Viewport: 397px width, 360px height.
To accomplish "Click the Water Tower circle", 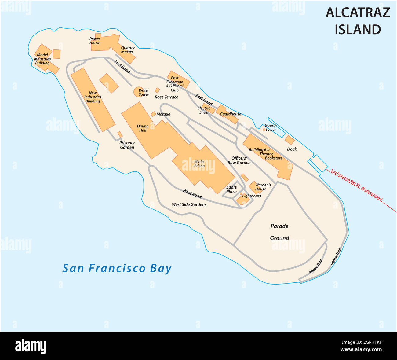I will pyautogui.click(x=137, y=92).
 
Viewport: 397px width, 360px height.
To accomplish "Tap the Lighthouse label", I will pyautogui.click(x=252, y=196).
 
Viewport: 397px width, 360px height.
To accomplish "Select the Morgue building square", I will pyautogui.click(x=153, y=114).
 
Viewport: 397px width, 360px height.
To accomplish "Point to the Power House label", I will pyautogui.click(x=95, y=41).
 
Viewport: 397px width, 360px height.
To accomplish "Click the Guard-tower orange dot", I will pyautogui.click(x=264, y=130).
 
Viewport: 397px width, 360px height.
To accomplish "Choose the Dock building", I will pyautogui.click(x=290, y=140).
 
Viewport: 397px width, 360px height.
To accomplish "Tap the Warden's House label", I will pyautogui.click(x=263, y=187).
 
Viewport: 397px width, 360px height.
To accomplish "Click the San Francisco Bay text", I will pyautogui.click(x=117, y=268).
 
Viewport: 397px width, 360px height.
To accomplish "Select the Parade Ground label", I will pyautogui.click(x=279, y=232).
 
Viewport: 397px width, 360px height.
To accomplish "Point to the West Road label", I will pyautogui.click(x=192, y=193).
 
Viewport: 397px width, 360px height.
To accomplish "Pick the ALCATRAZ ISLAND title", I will pyautogui.click(x=358, y=21).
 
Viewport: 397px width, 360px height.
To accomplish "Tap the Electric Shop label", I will pyautogui.click(x=204, y=110).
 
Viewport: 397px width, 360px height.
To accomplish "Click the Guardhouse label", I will pyautogui.click(x=231, y=114).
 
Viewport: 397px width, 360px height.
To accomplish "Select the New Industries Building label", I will pyautogui.click(x=93, y=97).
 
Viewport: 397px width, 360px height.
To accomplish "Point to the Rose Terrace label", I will pyautogui.click(x=166, y=97).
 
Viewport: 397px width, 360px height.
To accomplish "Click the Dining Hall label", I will pyautogui.click(x=143, y=128).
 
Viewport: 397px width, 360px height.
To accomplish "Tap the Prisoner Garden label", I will pyautogui.click(x=127, y=145).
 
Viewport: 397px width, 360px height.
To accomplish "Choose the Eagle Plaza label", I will pyautogui.click(x=231, y=189).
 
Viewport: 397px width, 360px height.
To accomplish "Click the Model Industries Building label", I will pyautogui.click(x=42, y=59).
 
